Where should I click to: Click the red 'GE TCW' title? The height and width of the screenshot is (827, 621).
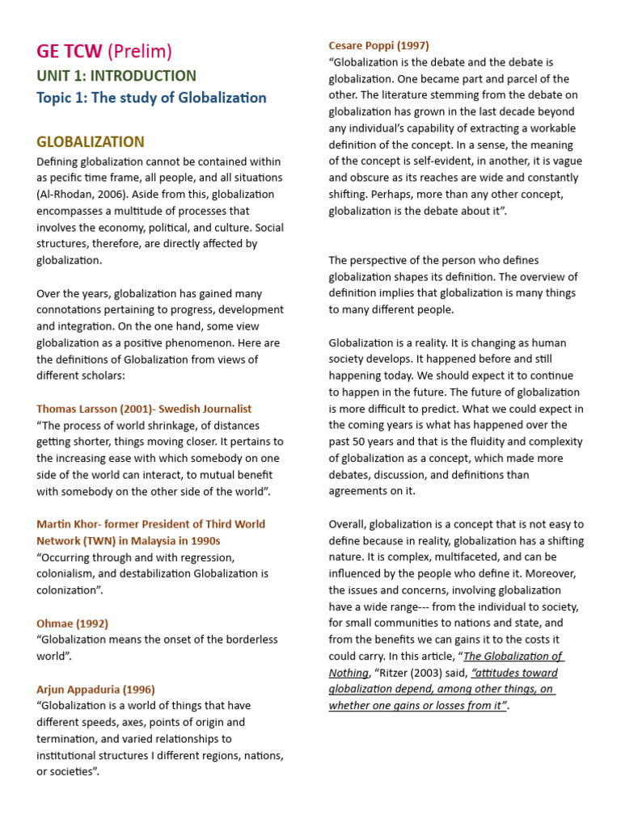pyautogui.click(x=69, y=52)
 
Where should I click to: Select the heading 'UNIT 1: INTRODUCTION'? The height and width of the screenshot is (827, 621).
pyautogui.click(x=116, y=76)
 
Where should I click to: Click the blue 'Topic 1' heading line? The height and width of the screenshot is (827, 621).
pyautogui.click(x=151, y=98)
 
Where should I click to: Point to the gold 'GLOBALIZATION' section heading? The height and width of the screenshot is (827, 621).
pyautogui.click(x=91, y=142)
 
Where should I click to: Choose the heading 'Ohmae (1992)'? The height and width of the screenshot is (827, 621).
pyautogui.click(x=72, y=623)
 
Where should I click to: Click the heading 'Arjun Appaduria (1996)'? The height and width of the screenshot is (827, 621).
pyautogui.click(x=95, y=689)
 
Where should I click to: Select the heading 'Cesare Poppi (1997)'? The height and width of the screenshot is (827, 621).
pyautogui.click(x=378, y=45)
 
